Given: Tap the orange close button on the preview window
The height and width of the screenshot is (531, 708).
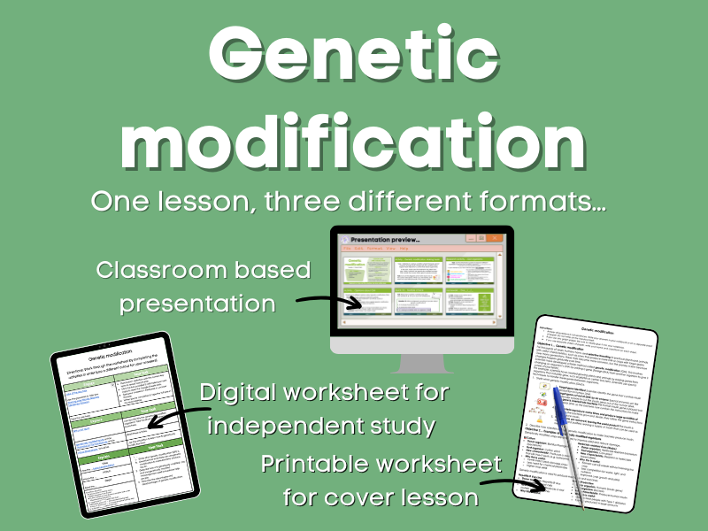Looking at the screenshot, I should (497, 238).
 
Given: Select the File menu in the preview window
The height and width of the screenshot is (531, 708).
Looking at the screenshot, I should (347, 250).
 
